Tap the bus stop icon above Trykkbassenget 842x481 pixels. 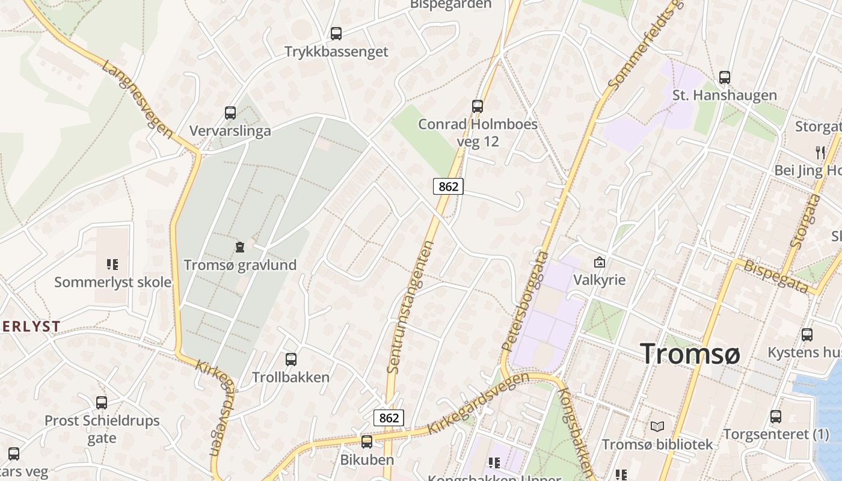(336, 34)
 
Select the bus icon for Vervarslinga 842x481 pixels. (230, 112)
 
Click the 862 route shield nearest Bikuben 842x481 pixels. (389, 417)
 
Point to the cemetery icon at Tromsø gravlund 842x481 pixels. (240, 247)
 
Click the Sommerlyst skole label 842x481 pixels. (113, 282)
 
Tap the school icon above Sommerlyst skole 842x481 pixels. (112, 264)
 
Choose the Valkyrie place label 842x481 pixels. (599, 280)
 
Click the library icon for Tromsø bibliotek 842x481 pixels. (657, 426)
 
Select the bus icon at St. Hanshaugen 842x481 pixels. (725, 77)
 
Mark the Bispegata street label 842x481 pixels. (776, 276)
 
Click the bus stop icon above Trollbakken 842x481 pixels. (291, 359)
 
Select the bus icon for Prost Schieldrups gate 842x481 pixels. (102, 402)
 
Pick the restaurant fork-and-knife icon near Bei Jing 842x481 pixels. (820, 152)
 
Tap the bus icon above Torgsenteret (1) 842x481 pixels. (776, 416)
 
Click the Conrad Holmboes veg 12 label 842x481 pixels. (478, 133)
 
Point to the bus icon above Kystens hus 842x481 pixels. (807, 334)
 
